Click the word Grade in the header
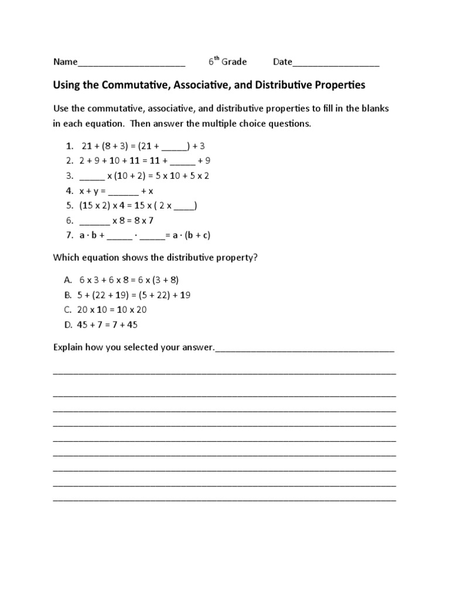tap(234, 62)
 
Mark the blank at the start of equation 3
tap(91, 176)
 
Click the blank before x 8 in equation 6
tap(94, 221)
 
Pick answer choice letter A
tap(69, 280)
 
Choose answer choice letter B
tap(69, 295)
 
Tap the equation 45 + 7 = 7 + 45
tap(108, 325)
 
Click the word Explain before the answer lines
tap(69, 347)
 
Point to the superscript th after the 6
tap(216, 59)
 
